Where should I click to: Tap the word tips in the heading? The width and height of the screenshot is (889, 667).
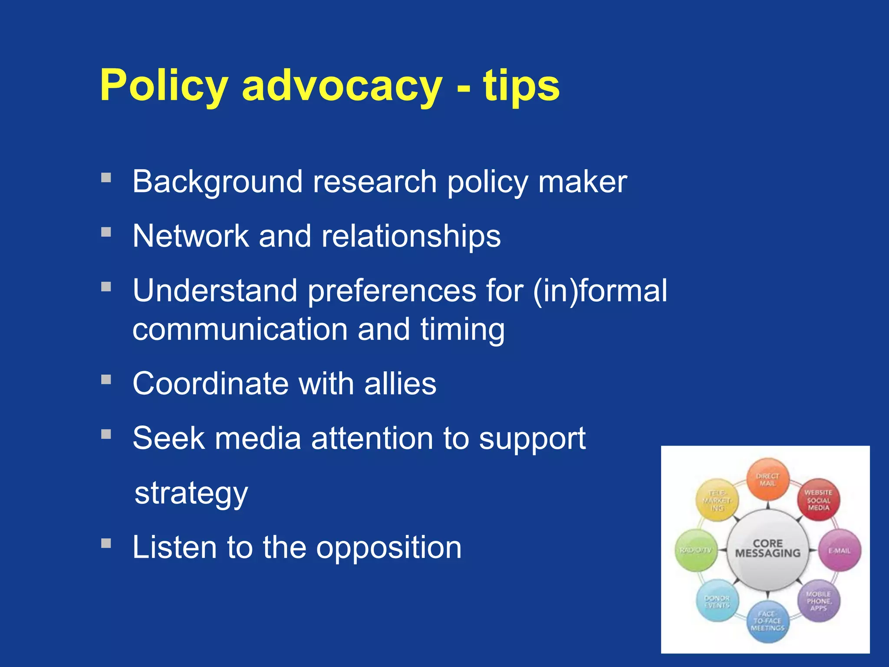[521, 86]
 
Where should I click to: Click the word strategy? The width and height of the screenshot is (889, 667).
[191, 493]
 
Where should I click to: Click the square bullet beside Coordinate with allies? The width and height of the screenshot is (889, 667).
[106, 380]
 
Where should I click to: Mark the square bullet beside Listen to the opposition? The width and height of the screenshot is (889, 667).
[106, 543]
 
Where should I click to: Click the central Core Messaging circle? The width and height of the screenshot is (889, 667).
[767, 549]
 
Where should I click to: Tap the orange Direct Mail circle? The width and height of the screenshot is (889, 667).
[767, 479]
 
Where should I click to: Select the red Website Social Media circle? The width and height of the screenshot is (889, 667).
[818, 500]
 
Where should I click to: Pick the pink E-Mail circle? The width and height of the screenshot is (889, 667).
[840, 551]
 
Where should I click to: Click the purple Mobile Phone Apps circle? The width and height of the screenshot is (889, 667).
[818, 601]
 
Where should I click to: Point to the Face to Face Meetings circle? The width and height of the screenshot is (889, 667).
[767, 621]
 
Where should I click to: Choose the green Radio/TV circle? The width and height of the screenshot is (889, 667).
[696, 550]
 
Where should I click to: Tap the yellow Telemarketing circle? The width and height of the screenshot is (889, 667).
[717, 500]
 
